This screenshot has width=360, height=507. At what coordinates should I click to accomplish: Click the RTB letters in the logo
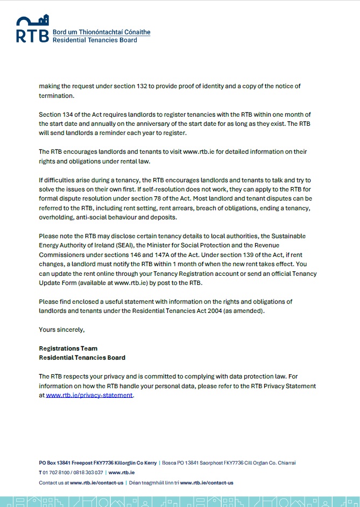click(x=32, y=35)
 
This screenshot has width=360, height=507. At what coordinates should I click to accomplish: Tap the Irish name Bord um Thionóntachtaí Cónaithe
click(x=101, y=32)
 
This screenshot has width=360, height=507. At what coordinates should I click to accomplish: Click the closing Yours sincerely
click(x=62, y=329)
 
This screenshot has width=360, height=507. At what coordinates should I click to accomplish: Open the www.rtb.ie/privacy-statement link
click(x=89, y=395)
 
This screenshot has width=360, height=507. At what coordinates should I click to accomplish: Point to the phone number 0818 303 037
click(x=88, y=473)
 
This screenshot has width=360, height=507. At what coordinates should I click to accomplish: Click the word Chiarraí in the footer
click(x=285, y=463)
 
